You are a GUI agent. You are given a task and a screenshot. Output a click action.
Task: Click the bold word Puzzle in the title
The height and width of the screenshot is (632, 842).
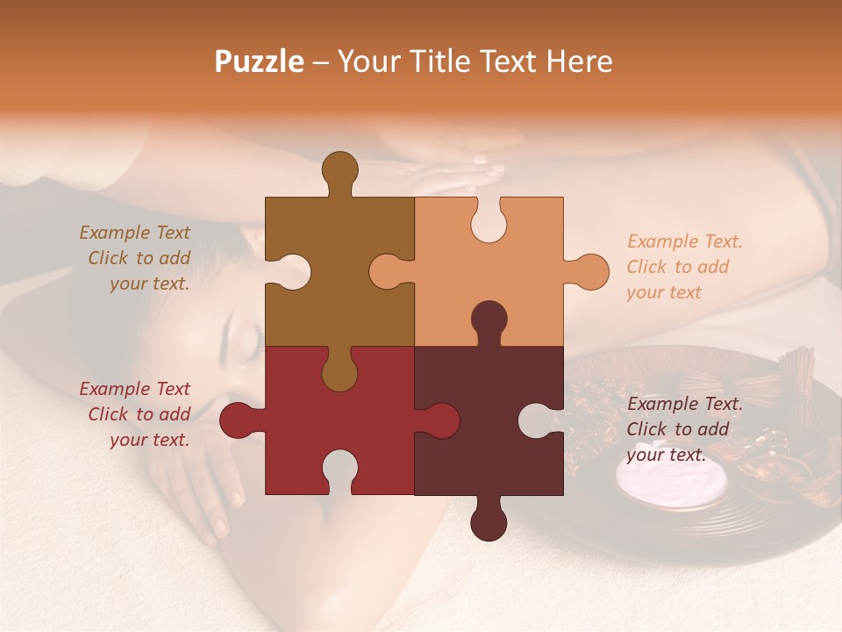click(260, 61)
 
